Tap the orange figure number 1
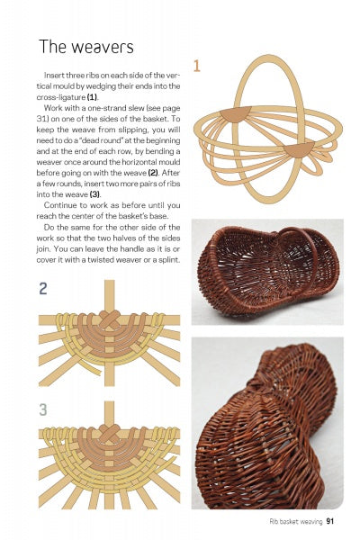[x=196, y=65]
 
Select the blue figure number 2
[x=43, y=289]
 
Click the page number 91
[x=330, y=520]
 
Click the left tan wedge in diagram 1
[x=236, y=114]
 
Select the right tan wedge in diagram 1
[x=299, y=148]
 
